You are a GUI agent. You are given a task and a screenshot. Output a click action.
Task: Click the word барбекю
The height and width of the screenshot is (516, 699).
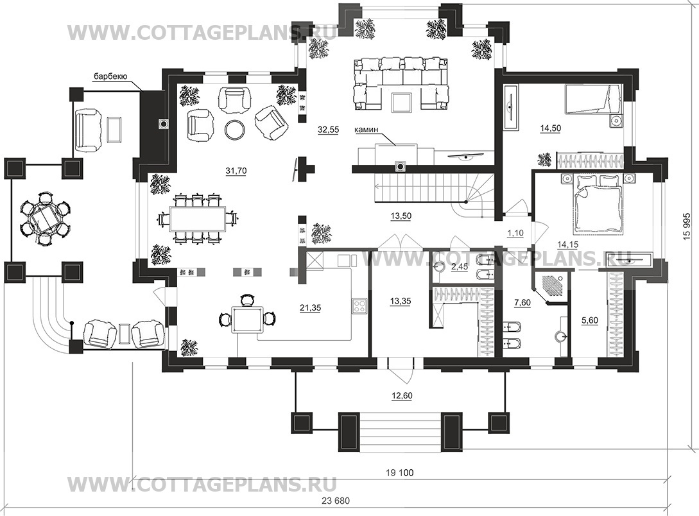pyautogui.click(x=110, y=76)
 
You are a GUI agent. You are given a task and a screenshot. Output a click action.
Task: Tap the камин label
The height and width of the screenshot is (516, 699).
pyautogui.click(x=366, y=130)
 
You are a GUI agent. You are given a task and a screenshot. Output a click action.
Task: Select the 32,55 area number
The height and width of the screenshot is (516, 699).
pyautogui.click(x=328, y=130)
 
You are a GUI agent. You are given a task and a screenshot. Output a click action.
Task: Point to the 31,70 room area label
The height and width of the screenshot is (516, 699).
pyautogui.click(x=236, y=171)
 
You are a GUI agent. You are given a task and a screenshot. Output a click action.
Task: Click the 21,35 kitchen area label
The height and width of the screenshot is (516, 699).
pyautogui.click(x=310, y=307)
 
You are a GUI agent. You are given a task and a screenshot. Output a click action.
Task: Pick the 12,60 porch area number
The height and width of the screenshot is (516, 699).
pyautogui.click(x=401, y=396)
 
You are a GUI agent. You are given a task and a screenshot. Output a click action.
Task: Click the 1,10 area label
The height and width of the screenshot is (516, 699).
pyautogui.click(x=515, y=232)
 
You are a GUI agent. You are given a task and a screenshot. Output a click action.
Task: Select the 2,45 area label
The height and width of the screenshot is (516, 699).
pyautogui.click(x=459, y=266)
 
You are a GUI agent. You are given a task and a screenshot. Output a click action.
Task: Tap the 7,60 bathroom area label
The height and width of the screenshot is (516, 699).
pyautogui.click(x=522, y=303)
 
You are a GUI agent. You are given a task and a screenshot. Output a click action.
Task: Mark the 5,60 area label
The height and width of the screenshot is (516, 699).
pyautogui.click(x=590, y=320)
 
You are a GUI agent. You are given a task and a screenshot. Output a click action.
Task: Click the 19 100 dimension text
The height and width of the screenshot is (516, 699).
pyautogui.click(x=400, y=473)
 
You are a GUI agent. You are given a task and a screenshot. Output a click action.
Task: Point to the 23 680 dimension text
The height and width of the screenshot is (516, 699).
pyautogui.click(x=335, y=501)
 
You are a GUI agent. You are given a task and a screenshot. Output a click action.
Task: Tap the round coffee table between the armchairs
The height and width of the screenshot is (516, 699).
pyautogui.click(x=234, y=129)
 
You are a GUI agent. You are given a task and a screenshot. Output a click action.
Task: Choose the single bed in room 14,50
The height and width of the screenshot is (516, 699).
pyautogui.click(x=592, y=99)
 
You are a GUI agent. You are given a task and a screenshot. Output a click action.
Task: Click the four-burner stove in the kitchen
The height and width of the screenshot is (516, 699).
pyautogui.click(x=359, y=305)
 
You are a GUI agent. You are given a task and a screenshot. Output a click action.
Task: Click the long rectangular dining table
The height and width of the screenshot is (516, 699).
pyautogui.click(x=198, y=219)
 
